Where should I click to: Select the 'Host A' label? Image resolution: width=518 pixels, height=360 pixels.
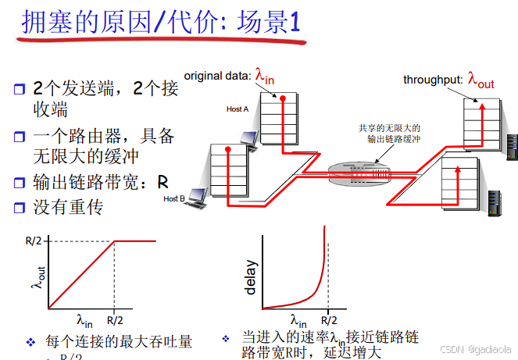(237, 109)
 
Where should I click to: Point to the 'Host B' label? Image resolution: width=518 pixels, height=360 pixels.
(174, 198)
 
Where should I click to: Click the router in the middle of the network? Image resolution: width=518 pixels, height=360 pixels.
(359, 170)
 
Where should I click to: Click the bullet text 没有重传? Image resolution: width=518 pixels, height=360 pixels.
(68, 209)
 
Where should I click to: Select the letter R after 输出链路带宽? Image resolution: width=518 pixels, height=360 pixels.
(163, 183)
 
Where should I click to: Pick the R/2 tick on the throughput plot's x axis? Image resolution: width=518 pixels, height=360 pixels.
(115, 319)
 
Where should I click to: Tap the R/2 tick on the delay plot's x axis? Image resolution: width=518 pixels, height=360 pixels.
(328, 319)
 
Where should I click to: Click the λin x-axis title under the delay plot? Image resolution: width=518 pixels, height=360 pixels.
(298, 319)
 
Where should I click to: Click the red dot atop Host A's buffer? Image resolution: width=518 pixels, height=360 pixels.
(283, 98)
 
